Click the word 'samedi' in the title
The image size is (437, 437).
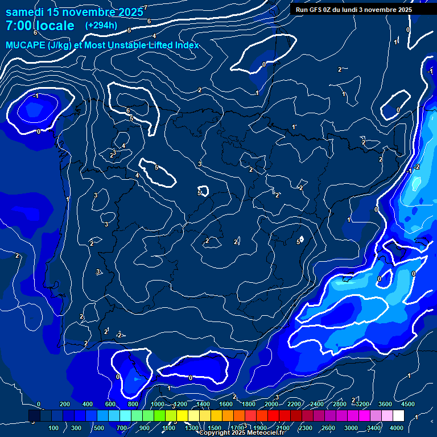(26, 12)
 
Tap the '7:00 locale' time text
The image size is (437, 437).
(40, 26)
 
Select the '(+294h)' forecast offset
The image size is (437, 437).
(101, 25)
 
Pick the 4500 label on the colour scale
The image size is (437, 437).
(407, 404)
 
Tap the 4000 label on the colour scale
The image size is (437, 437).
(397, 428)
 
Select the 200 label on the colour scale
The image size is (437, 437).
(65, 404)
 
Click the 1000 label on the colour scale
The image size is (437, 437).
(157, 404)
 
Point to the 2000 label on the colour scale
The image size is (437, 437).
(271, 404)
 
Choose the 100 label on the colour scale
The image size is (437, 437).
(53, 428)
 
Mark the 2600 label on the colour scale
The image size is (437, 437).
(328, 428)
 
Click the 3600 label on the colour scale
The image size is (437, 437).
(385, 404)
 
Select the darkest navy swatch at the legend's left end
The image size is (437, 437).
(34, 416)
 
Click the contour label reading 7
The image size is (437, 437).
(145, 7)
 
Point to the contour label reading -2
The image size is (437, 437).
(417, 167)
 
